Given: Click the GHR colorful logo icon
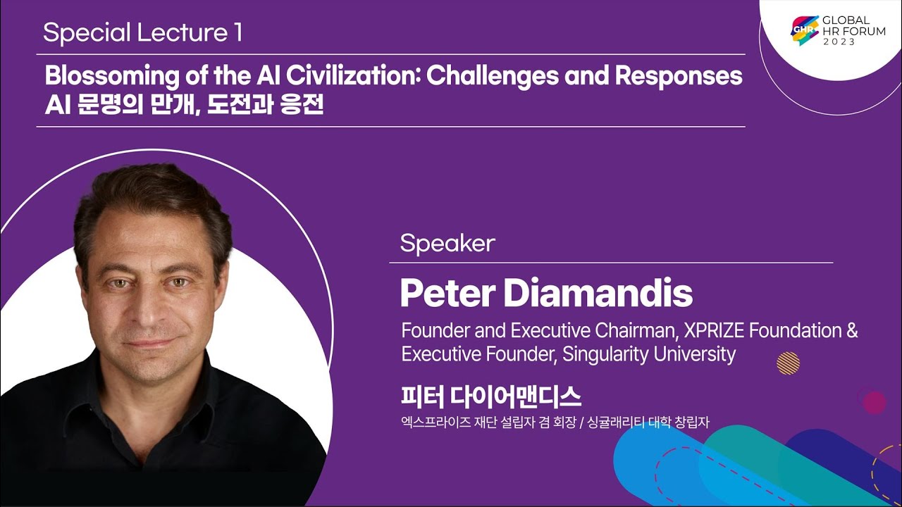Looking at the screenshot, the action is [x=805, y=30].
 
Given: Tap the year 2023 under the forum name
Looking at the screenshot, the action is [x=839, y=42].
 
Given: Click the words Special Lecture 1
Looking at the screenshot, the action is [x=143, y=33].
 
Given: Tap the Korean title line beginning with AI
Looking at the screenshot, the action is [x=184, y=105].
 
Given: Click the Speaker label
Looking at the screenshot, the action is [x=447, y=244].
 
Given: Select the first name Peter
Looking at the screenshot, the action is [x=447, y=294].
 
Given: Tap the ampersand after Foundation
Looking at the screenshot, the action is [x=852, y=331].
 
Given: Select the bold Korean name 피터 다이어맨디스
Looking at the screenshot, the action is [x=491, y=397].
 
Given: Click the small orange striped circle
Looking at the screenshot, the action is [x=788, y=363].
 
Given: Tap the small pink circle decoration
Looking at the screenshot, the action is [x=875, y=402].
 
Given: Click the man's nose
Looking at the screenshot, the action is [x=148, y=310].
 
